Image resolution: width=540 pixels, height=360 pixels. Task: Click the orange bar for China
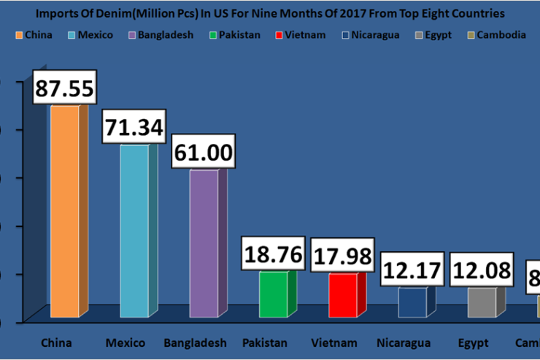[63, 212]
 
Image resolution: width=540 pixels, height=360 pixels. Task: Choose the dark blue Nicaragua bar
[412, 302]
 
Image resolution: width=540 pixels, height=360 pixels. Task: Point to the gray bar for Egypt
[482, 302]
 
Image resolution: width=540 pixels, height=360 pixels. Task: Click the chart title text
[270, 13]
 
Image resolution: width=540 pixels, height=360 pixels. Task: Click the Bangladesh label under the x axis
[195, 342]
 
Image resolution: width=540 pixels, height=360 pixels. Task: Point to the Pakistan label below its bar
[265, 342]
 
